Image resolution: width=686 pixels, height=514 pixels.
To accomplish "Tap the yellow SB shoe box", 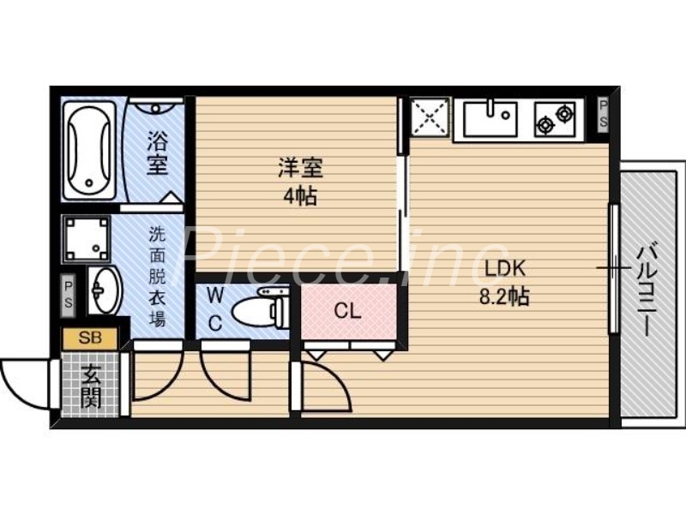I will click(x=90, y=338).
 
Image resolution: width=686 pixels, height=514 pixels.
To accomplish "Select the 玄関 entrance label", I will click(x=89, y=385).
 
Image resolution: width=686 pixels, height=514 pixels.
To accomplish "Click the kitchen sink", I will click(x=490, y=118).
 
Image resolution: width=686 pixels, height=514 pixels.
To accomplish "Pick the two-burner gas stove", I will click(x=556, y=119).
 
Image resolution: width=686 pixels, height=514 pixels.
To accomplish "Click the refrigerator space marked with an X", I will click(x=429, y=118).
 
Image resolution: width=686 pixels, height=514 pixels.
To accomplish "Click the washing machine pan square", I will click(x=87, y=237).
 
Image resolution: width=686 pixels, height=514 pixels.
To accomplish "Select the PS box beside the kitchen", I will click(x=604, y=113).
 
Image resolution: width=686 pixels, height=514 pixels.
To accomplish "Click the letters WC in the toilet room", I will click(x=216, y=309).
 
